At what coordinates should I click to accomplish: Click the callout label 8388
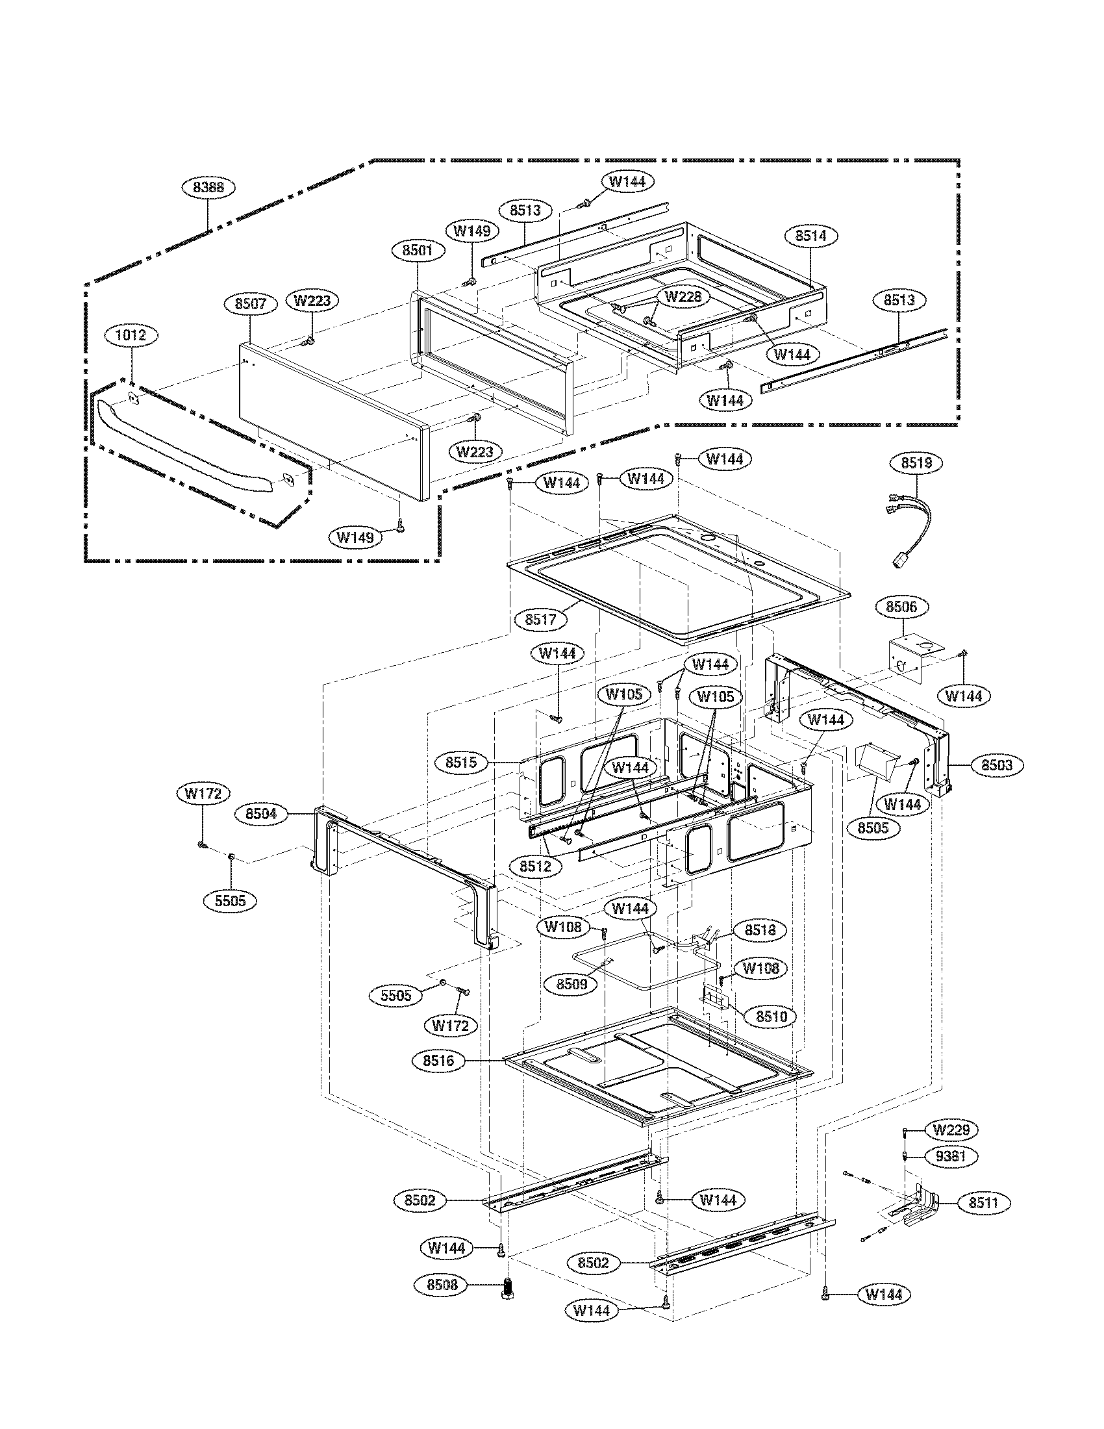208,187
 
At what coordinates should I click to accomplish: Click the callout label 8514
810,236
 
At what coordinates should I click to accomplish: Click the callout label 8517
540,619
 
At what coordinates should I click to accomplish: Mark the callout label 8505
872,828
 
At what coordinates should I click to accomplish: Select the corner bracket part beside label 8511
919,1204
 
